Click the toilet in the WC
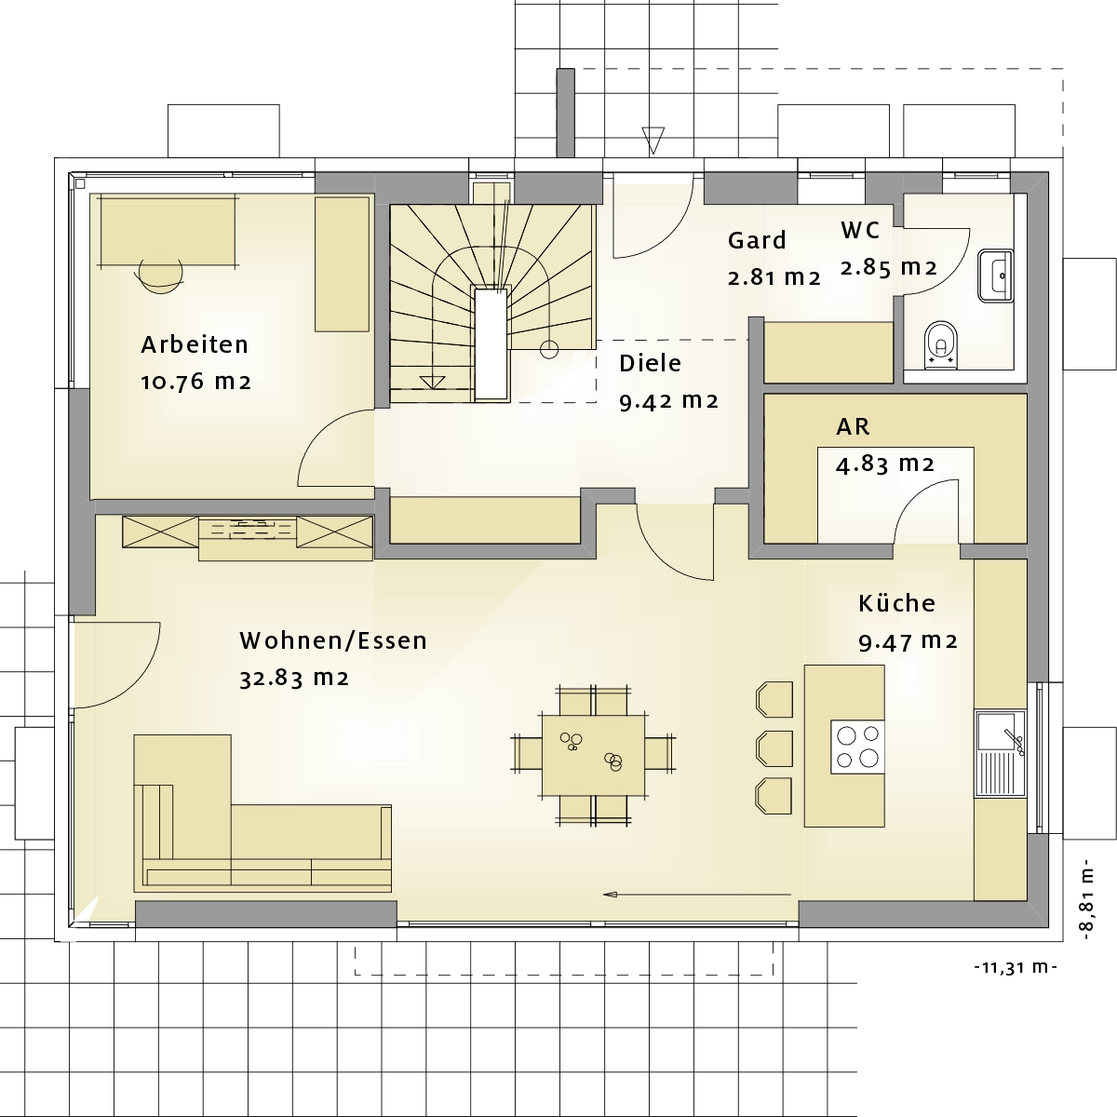[941, 344]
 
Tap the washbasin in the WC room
[996, 276]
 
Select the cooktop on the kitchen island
[858, 747]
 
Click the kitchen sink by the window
[1000, 754]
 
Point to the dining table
[594, 755]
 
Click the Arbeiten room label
[195, 345]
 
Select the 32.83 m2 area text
[294, 678]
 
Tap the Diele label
[651, 363]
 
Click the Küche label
[896, 603]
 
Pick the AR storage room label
[853, 426]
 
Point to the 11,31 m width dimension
[1016, 967]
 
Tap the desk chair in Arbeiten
[160, 276]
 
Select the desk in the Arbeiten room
[168, 230]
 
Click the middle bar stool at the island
[774, 747]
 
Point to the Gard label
[757, 240]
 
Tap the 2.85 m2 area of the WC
[888, 268]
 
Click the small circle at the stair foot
[549, 350]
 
